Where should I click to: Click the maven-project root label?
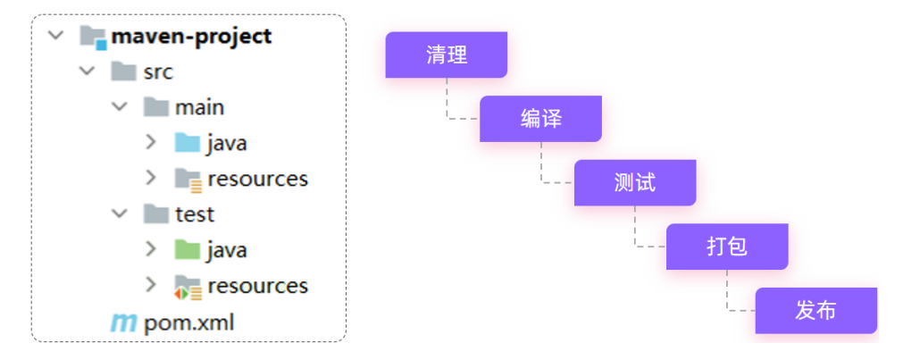pyautogui.click(x=191, y=37)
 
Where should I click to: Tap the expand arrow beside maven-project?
pyautogui.click(x=55, y=37)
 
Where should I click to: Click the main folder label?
pyautogui.click(x=199, y=107)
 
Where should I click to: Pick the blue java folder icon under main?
pyautogui.click(x=188, y=143)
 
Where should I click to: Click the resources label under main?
pyautogui.click(x=257, y=179)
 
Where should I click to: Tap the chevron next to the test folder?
pyautogui.click(x=119, y=214)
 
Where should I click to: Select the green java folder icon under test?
pyautogui.click(x=188, y=250)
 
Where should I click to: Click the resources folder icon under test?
pyautogui.click(x=188, y=286)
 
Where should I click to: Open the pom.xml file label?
pyautogui.click(x=188, y=322)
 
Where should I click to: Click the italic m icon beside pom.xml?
pyautogui.click(x=122, y=322)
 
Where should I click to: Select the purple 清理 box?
pyautogui.click(x=447, y=55)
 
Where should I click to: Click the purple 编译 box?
pyautogui.click(x=540, y=119)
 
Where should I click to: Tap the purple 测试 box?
pyautogui.click(x=634, y=183)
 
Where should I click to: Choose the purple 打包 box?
pyautogui.click(x=727, y=247)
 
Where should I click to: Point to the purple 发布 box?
pyautogui.click(x=815, y=311)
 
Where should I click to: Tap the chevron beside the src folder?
pyautogui.click(x=87, y=71)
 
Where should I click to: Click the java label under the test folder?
pyautogui.click(x=226, y=250)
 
